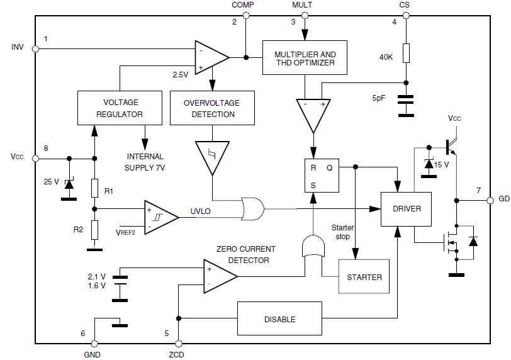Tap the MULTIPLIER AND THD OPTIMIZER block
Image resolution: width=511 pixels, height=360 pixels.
pyautogui.click(x=305, y=59)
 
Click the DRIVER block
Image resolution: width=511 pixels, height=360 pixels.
pyautogui.click(x=406, y=209)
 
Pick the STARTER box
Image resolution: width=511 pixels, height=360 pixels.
pyautogui.click(x=364, y=277)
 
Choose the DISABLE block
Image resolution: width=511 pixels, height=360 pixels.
pyautogui.click(x=279, y=319)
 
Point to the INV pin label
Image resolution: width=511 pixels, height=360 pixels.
pyautogui.click(x=18, y=47)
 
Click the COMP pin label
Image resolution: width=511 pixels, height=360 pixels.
pyautogui.click(x=243, y=5)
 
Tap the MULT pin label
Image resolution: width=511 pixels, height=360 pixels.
pyautogui.click(x=302, y=5)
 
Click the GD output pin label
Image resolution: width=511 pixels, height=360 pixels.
pyautogui.click(x=503, y=199)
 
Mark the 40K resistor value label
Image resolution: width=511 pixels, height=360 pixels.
pyautogui.click(x=386, y=57)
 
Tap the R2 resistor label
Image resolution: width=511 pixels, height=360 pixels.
pyautogui.click(x=78, y=230)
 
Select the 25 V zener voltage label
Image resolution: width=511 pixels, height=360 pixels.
pyautogui.click(x=50, y=182)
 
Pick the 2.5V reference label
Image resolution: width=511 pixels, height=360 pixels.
pyautogui.click(x=181, y=75)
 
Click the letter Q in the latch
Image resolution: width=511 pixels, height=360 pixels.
pyautogui.click(x=330, y=168)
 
